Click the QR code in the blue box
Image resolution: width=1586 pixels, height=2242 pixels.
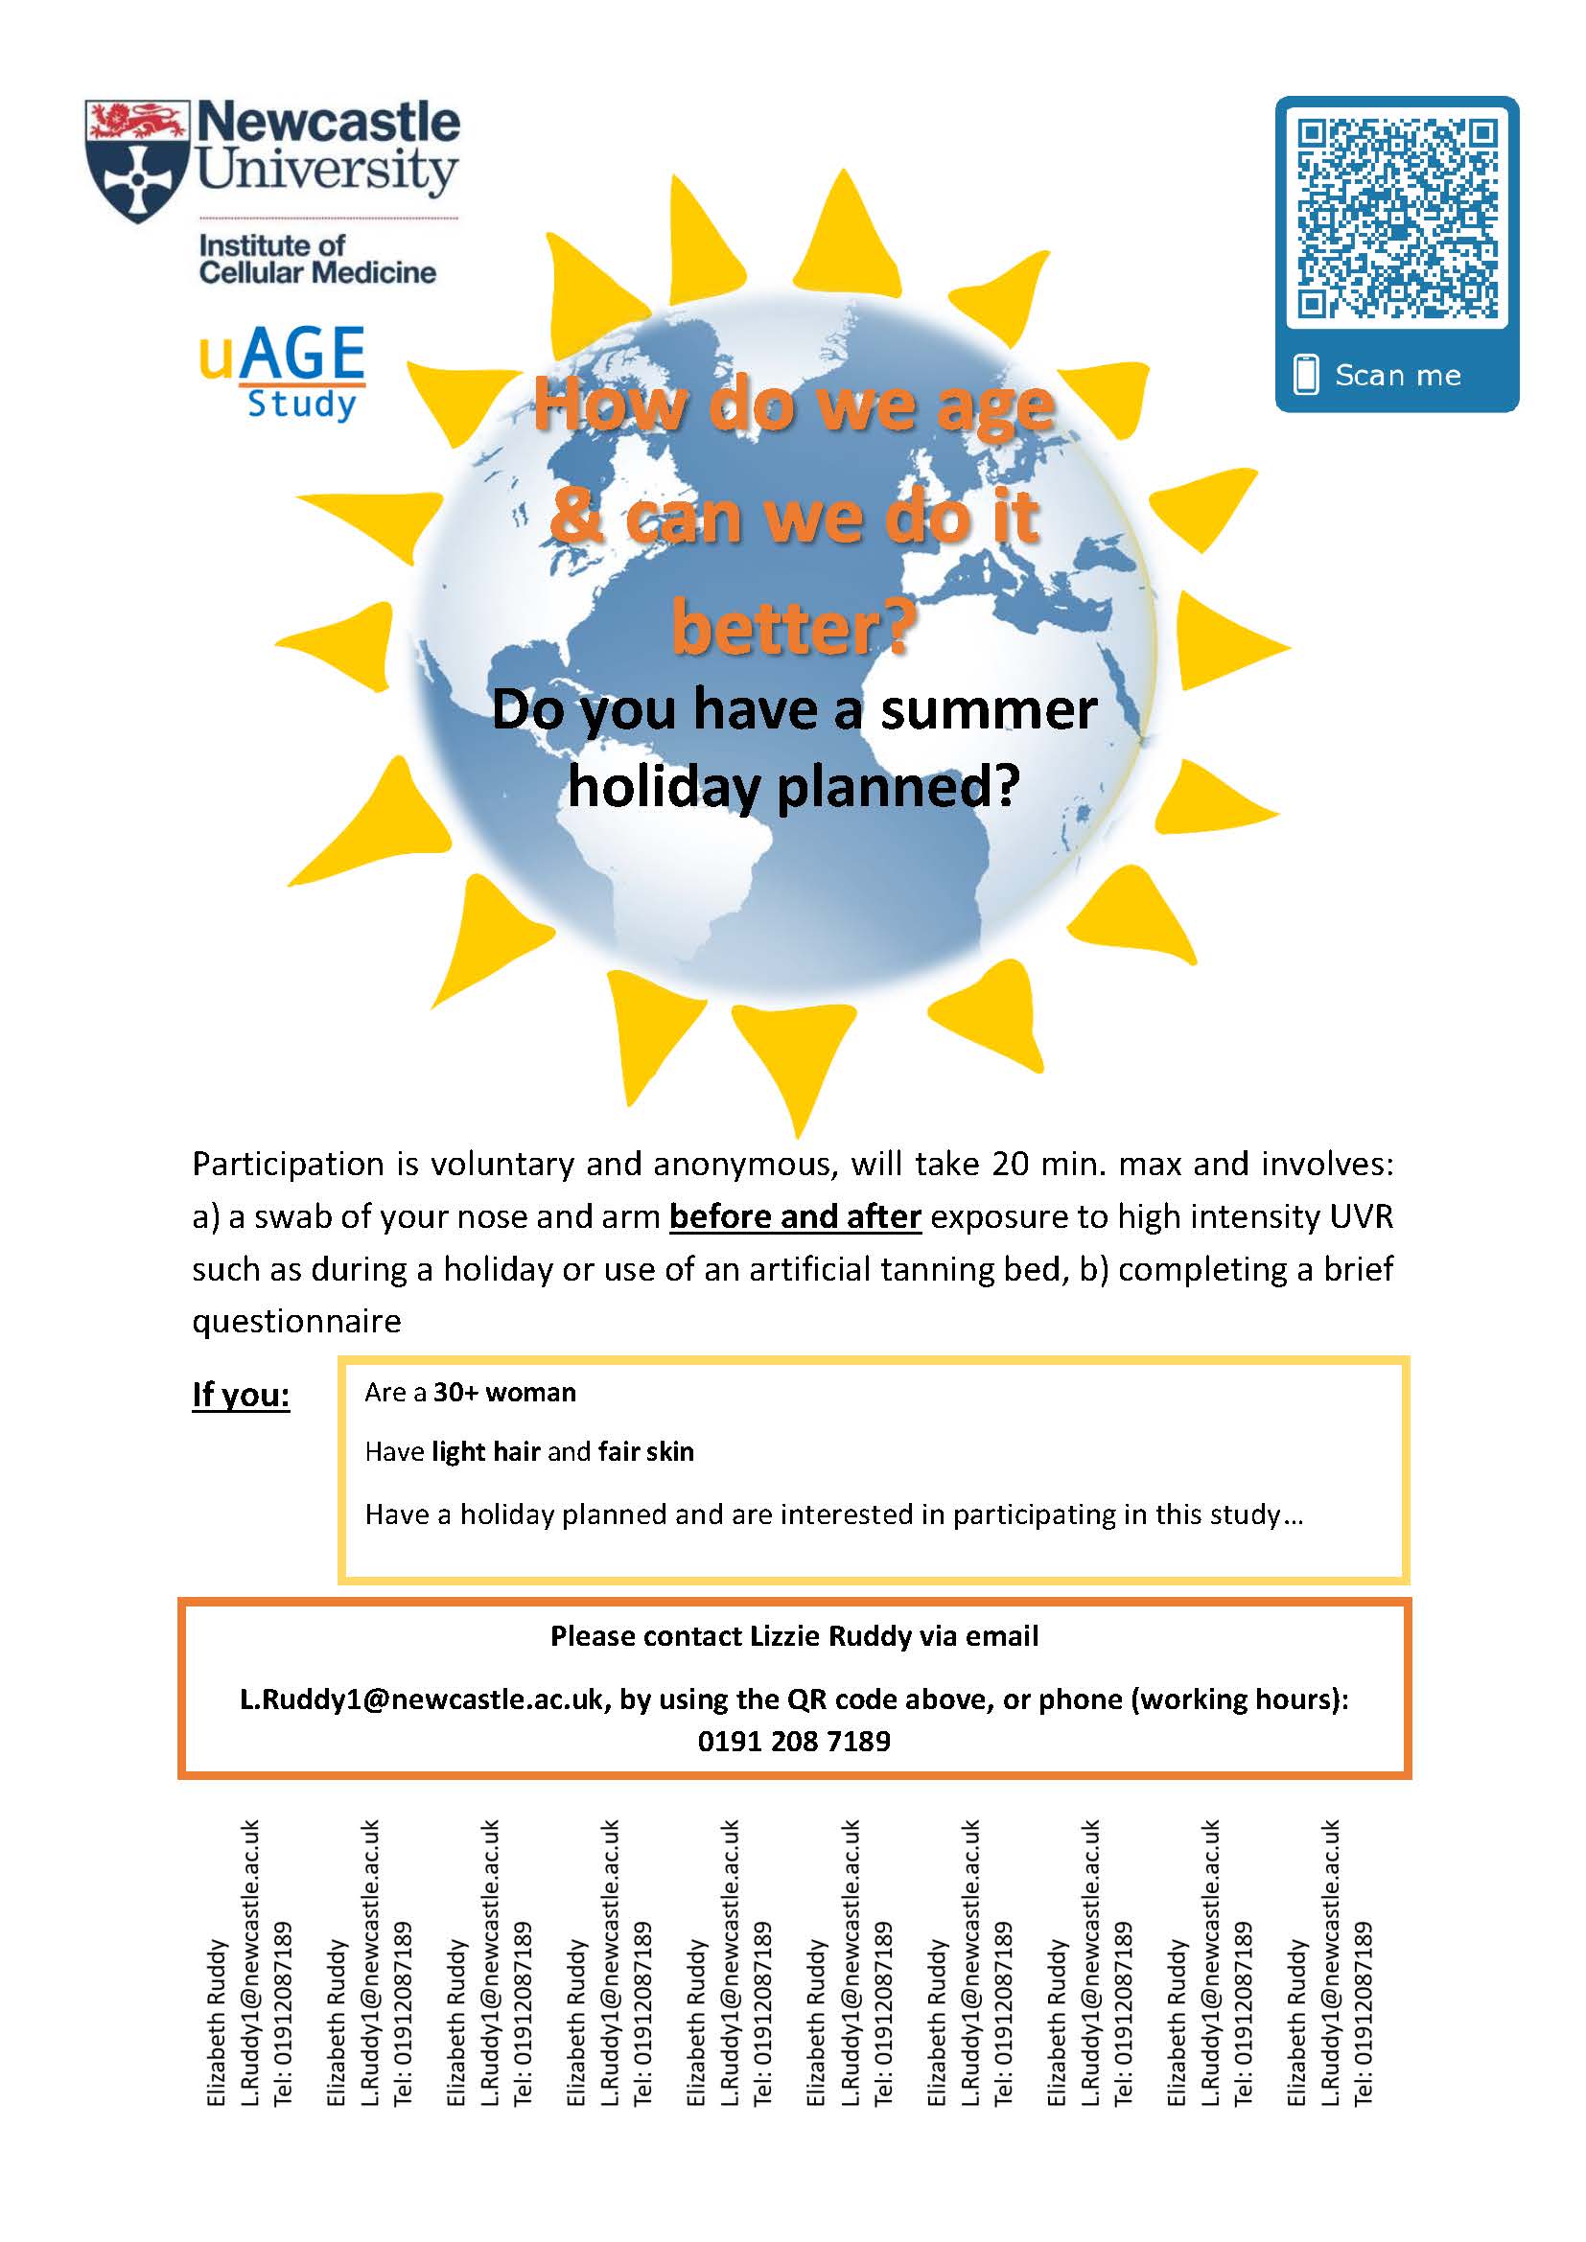(1396, 218)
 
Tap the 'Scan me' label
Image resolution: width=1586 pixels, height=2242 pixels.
(1397, 375)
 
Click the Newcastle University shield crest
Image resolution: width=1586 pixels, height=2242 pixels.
(136, 162)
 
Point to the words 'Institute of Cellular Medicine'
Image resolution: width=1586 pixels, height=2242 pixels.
(316, 259)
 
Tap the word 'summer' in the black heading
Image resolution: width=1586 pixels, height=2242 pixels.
(989, 710)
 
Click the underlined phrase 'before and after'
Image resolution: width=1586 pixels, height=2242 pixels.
(795, 1216)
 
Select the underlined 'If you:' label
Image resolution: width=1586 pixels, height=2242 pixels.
(242, 1395)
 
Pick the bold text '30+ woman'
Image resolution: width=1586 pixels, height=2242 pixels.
(505, 1393)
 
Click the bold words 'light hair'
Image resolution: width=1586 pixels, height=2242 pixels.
(485, 1452)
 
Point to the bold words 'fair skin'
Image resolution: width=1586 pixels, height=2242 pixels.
(645, 1452)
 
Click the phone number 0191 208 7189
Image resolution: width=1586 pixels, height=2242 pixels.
(794, 1741)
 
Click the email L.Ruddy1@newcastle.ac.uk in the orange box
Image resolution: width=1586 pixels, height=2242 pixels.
(422, 1700)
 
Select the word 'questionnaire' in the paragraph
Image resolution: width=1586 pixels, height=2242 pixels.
(297, 1322)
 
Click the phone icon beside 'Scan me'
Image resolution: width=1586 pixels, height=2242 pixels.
(1306, 375)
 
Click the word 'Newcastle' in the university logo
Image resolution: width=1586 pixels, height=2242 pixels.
(328, 123)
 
